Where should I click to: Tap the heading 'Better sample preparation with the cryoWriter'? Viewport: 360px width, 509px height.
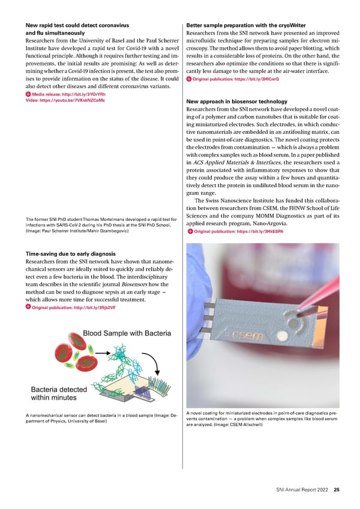pos(247,26)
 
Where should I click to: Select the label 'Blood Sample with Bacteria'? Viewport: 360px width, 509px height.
pos(127,333)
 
